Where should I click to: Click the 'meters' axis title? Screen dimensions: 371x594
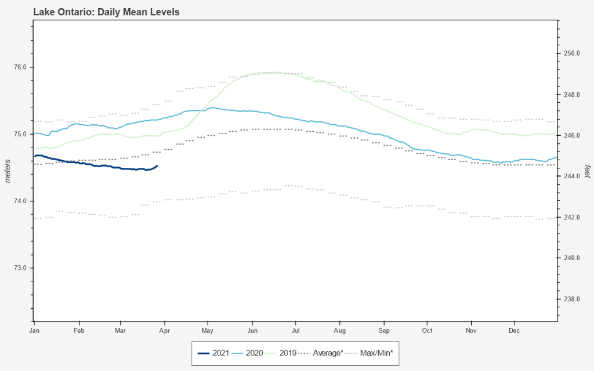click(8, 170)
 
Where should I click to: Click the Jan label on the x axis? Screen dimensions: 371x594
click(35, 330)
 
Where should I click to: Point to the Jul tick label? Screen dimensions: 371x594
click(296, 330)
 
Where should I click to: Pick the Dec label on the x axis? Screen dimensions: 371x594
click(514, 330)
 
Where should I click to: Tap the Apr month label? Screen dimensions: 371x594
click(165, 330)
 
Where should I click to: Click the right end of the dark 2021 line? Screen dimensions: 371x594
click(157, 166)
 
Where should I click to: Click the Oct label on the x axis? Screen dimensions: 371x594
click(428, 330)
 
